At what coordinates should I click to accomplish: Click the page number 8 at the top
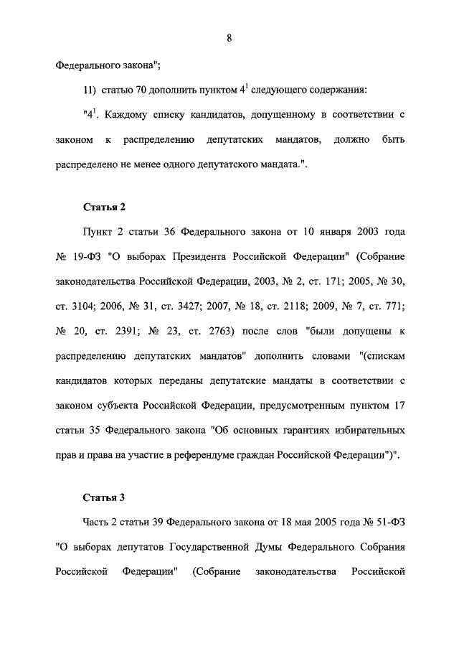coord(229,38)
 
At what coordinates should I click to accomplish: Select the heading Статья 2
coord(105,207)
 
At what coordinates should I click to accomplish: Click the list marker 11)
coord(93,90)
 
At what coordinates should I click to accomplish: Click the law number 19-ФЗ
coord(87,258)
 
